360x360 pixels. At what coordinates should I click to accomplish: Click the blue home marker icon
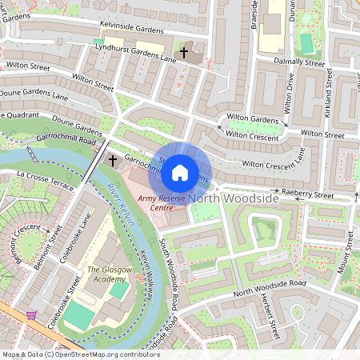180,171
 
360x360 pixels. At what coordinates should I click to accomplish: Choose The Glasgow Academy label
108,274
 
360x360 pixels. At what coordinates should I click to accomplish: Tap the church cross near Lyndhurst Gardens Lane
184,53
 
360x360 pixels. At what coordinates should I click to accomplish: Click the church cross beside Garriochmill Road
112,161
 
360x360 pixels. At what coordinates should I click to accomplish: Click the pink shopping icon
32,315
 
